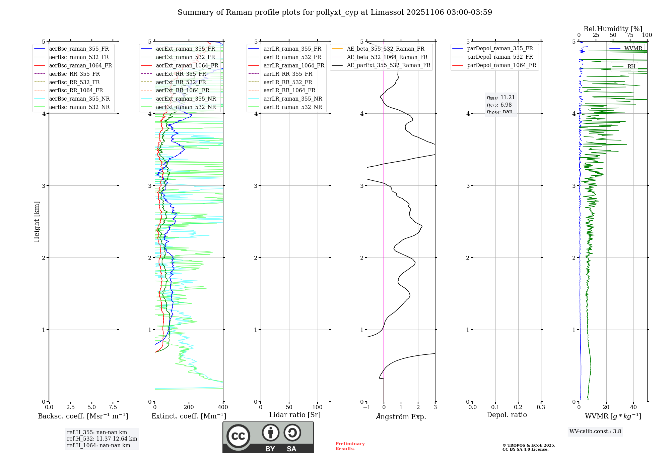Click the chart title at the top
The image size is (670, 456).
(x=335, y=12)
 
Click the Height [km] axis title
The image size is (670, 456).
(x=37, y=221)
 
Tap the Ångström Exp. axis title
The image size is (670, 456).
(x=401, y=416)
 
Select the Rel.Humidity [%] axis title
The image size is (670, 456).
(x=613, y=29)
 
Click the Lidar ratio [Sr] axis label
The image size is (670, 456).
(x=294, y=415)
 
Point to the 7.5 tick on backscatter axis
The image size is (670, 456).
(x=113, y=407)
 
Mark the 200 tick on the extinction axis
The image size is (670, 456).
(x=189, y=407)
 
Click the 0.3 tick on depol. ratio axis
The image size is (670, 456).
(x=541, y=407)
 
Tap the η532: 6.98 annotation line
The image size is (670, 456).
(x=499, y=105)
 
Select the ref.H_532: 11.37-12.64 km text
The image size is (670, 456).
(x=102, y=439)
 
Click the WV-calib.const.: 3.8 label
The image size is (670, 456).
(x=595, y=431)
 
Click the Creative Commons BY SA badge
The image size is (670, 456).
(x=268, y=437)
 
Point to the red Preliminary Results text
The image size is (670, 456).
(x=350, y=446)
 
